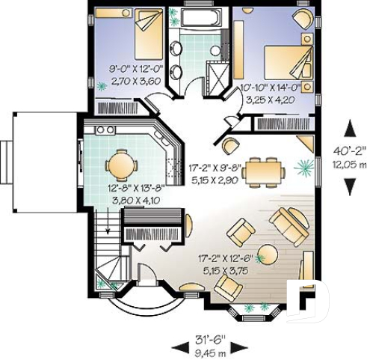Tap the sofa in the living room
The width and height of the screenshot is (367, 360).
click(289, 222)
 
